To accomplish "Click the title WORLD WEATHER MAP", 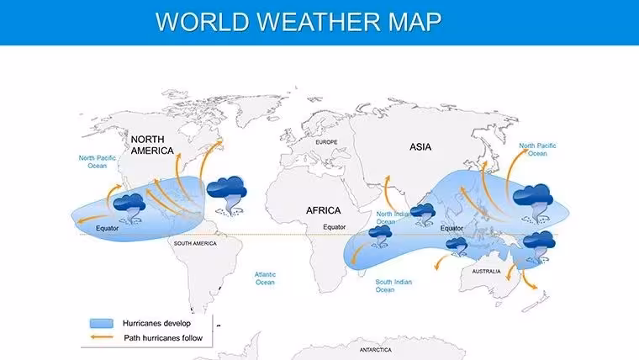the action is point(298,22).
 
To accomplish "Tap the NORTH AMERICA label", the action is point(152,146).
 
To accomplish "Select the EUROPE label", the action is point(326,142).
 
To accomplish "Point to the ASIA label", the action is point(420,146).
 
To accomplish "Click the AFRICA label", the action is point(323,210).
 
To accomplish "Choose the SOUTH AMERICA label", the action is point(195,243).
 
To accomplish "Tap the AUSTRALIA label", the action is point(486,271).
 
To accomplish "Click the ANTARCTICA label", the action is point(375,350).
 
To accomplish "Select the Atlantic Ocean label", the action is point(265,278).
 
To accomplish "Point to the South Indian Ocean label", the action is point(393,286).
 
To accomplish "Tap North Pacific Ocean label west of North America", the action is point(97,161).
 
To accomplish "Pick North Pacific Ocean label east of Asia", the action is point(537,150).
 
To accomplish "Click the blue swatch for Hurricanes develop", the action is point(102,323).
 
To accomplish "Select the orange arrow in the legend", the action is point(102,337).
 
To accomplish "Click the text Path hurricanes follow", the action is point(163,338).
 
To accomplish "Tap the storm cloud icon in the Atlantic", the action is point(226,195).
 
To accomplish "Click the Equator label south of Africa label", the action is point(334,227).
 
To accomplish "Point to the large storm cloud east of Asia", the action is point(532,204).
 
